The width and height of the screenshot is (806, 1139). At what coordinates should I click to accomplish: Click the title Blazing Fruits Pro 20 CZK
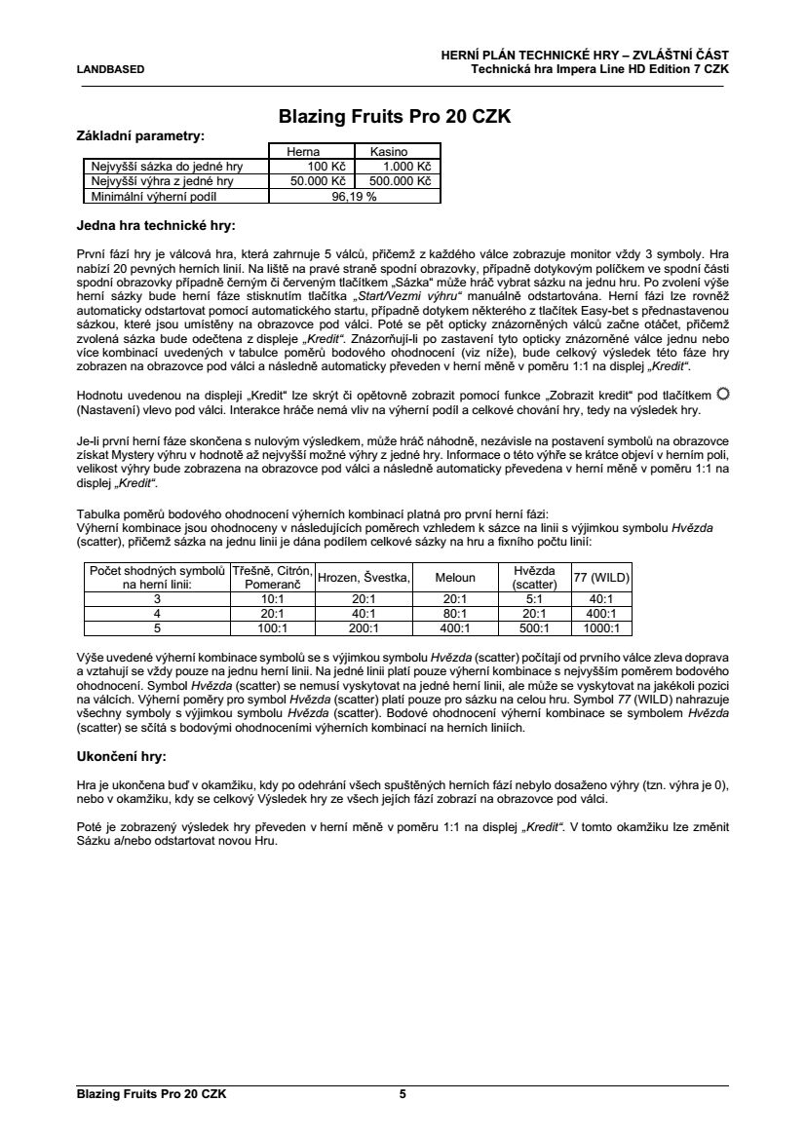(x=395, y=117)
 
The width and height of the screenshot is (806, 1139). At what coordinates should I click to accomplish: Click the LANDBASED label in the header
(x=110, y=69)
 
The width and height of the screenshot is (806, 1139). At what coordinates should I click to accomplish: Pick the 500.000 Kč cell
(x=398, y=181)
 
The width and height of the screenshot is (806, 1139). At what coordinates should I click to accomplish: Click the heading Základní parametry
(x=140, y=135)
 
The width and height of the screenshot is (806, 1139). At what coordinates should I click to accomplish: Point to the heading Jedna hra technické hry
(x=156, y=227)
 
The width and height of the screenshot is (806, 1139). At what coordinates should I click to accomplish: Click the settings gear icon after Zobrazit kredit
(x=722, y=394)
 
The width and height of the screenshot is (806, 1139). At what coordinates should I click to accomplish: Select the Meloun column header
(x=455, y=577)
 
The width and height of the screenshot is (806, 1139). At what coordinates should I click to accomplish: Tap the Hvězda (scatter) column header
(x=534, y=577)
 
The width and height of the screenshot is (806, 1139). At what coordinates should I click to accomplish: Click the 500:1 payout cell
(x=534, y=628)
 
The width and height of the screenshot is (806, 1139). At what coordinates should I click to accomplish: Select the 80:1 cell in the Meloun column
(x=455, y=614)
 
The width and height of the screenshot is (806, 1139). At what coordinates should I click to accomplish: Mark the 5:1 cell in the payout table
(x=534, y=599)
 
